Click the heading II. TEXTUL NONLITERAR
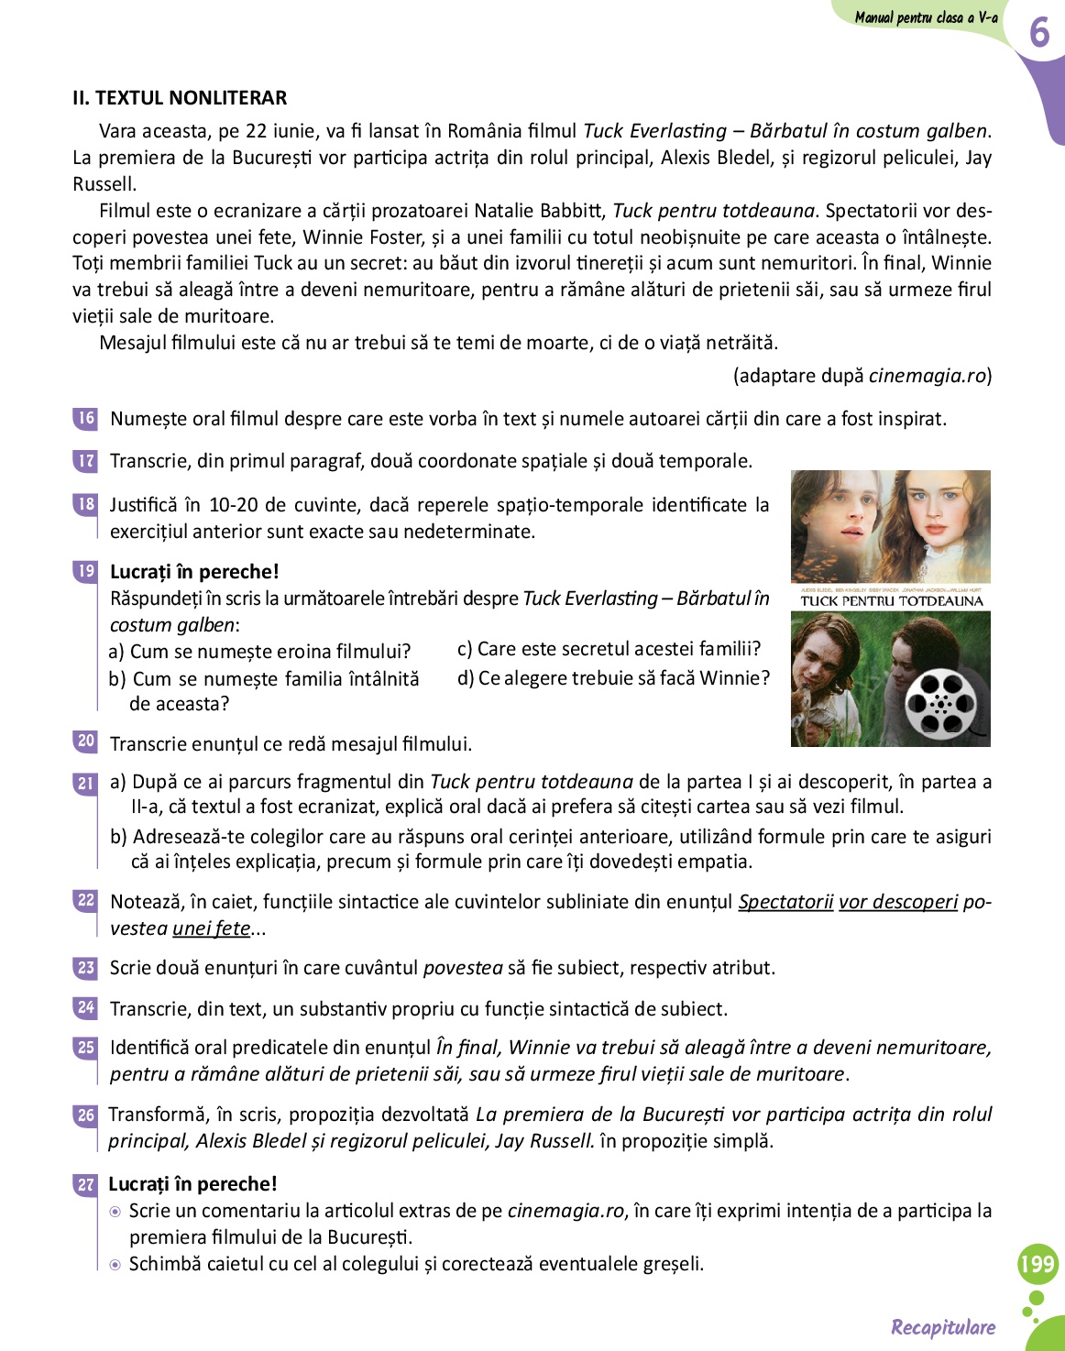pos(180,98)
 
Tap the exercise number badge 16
pos(85,418)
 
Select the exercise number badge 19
pos(85,571)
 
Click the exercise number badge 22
pos(85,900)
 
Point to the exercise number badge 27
pos(85,1184)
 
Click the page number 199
pos(1038,1265)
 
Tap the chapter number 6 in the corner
pos(1038,33)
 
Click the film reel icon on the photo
pos(940,703)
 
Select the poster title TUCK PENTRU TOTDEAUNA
pos(891,601)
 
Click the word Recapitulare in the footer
pos(943,1327)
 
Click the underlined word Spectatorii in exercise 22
pos(785,902)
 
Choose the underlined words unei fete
pos(211,928)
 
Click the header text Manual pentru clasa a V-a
pos(926,17)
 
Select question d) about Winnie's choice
pos(613,678)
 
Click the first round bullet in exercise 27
pos(115,1212)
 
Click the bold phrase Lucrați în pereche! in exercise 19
pos(194,572)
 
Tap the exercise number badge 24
pos(85,1008)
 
